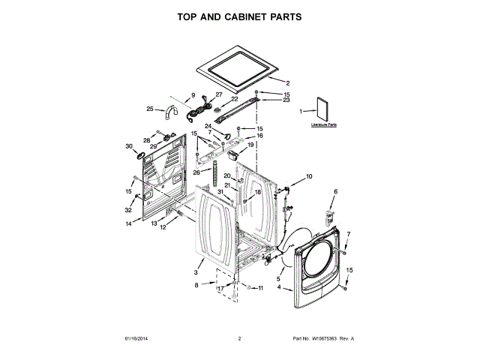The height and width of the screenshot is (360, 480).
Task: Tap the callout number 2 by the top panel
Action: (x=288, y=82)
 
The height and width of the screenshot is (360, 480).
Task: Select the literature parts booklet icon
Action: (x=323, y=111)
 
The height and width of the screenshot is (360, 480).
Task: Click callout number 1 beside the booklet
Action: (x=301, y=111)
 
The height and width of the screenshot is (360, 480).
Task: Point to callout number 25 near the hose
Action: (x=150, y=109)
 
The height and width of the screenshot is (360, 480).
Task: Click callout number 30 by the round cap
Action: (x=128, y=146)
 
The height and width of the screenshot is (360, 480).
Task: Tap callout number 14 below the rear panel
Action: (x=128, y=223)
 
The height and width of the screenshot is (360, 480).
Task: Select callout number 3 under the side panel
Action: (x=196, y=272)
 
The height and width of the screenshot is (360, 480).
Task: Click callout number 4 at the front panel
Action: (x=279, y=287)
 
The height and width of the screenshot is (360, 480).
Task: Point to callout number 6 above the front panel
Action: (x=335, y=192)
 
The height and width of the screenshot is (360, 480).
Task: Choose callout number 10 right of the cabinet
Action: (x=309, y=177)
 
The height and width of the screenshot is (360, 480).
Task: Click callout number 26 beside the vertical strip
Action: (x=196, y=172)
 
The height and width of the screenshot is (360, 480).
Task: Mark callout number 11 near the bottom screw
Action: (x=260, y=288)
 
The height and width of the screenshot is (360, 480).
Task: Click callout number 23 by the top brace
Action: (x=265, y=100)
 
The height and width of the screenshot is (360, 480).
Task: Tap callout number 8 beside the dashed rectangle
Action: (x=196, y=285)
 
